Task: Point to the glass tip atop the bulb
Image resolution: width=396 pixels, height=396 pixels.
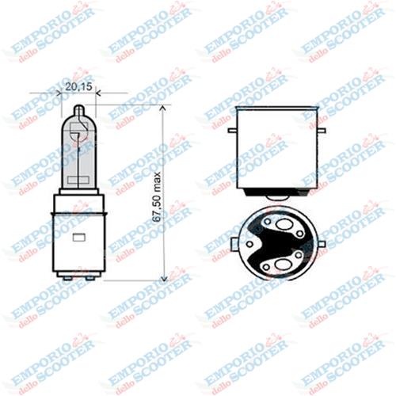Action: tap(78, 111)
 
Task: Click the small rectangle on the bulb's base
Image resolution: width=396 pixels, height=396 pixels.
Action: tap(78, 237)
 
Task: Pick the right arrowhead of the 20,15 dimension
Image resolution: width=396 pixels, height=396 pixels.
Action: tap(93, 93)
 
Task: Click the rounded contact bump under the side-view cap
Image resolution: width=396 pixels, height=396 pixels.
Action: tap(278, 195)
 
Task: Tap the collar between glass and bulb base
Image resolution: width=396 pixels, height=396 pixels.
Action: tap(78, 192)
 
